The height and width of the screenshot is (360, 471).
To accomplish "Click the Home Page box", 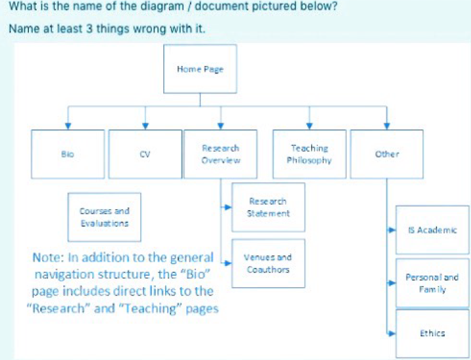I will [200, 69].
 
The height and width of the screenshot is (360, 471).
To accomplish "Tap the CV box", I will [145, 154].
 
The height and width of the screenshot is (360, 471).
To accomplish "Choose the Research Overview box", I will [221, 154].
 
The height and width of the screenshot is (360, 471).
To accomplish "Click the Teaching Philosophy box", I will [310, 154].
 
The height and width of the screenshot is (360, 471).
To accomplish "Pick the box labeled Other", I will [387, 154].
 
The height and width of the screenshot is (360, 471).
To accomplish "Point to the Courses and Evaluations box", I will [104, 217].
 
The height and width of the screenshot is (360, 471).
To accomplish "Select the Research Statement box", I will [268, 207].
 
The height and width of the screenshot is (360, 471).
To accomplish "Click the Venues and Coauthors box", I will [268, 263].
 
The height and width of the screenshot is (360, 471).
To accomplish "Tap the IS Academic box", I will [432, 230].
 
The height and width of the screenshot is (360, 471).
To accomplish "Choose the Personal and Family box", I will [432, 283].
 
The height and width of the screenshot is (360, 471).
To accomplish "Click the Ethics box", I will [432, 333].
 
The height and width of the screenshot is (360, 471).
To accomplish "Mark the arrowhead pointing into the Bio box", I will [68, 126].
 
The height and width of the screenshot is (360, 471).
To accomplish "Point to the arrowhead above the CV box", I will [145, 126].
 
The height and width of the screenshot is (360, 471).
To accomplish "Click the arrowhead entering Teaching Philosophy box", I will [310, 126].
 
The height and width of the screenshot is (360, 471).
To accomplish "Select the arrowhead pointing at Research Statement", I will [228, 207].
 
